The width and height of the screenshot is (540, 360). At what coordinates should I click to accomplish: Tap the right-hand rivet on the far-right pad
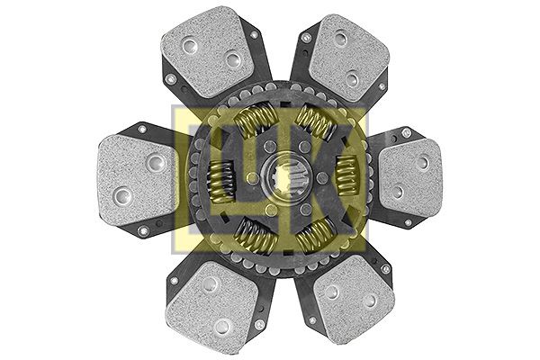423,163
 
